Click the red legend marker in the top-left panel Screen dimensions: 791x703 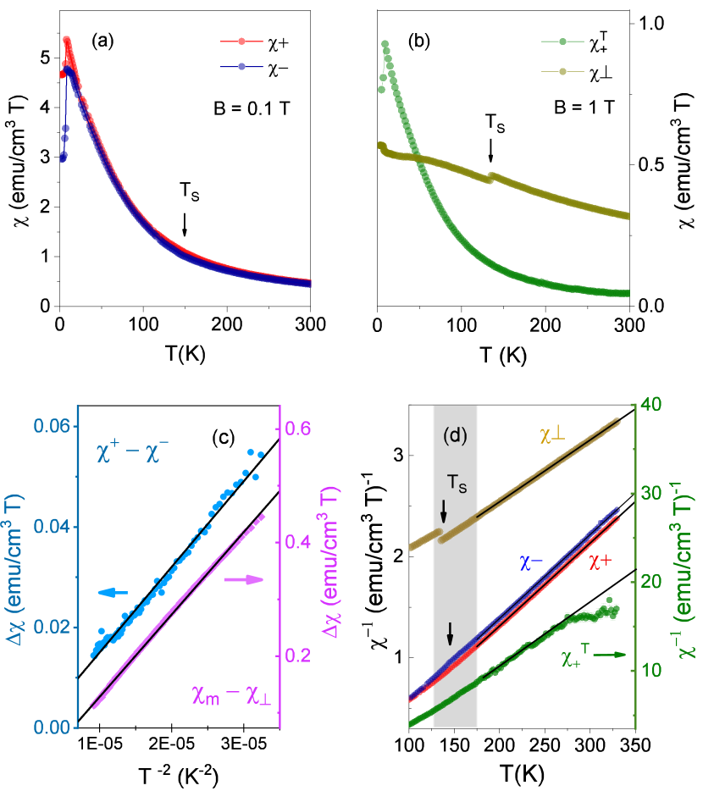tap(241, 41)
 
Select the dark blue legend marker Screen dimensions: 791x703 tap(241, 66)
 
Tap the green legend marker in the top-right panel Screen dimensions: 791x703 tap(563, 41)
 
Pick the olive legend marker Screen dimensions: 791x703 tap(563, 71)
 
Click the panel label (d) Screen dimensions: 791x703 tap(456, 437)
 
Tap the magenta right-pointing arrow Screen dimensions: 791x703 tap(246, 580)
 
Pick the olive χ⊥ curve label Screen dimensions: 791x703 tap(552, 434)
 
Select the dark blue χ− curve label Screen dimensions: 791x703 tap(532, 563)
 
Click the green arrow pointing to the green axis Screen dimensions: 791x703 tap(606, 655)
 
